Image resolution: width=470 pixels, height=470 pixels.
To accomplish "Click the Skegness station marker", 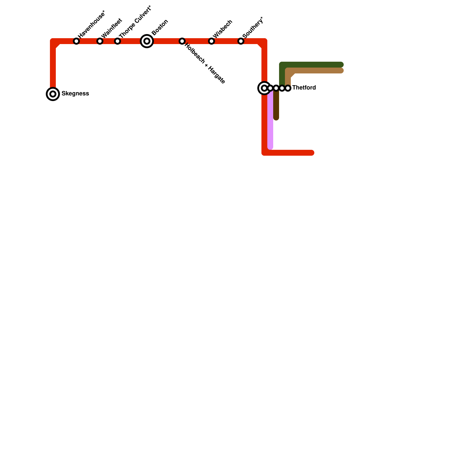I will point(53,94).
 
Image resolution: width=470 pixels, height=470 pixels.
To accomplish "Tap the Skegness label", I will point(75,94).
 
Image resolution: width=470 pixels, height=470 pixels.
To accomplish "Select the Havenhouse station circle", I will point(76,41).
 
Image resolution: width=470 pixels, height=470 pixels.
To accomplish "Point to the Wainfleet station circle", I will point(100,41).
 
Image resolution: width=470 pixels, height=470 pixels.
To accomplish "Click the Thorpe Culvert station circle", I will point(117,41).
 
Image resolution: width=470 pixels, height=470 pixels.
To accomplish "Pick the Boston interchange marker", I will point(147,41).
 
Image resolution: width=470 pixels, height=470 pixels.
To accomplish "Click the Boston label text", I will point(160,27).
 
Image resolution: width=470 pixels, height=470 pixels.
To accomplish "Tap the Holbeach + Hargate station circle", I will point(182,41).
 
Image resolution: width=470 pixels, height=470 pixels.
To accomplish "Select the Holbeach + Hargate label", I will point(205,64).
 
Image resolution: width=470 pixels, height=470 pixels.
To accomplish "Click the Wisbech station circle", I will point(211,41).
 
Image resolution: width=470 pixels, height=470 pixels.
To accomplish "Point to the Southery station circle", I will point(241,41).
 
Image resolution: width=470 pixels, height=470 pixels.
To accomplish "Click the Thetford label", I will point(304,88).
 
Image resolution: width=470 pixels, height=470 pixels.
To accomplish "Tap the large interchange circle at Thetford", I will point(264,88).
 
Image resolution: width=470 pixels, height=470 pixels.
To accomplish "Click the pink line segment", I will point(270,123).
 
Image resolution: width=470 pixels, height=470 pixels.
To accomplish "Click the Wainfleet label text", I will point(112,28).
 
